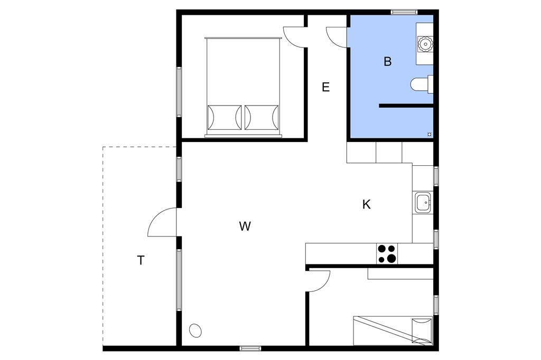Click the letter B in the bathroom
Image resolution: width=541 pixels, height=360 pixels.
point(387,62)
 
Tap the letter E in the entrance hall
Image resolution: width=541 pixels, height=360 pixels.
point(325,87)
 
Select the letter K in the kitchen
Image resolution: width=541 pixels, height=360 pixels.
point(367,204)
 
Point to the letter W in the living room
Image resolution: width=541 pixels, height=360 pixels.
point(245,226)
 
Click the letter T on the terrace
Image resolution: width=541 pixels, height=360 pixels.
point(141,260)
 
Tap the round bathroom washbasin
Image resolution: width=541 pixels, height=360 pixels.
point(425,44)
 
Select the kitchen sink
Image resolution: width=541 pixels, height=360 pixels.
point(423,203)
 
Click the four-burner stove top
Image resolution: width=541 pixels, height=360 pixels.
point(386,253)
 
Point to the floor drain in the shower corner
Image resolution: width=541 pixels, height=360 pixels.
point(429,134)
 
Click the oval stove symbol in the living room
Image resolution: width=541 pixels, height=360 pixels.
point(195,330)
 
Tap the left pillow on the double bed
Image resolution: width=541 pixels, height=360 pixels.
point(224,117)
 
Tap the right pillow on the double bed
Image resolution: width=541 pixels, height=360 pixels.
point(262,117)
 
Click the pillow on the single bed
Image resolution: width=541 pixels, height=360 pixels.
point(422,330)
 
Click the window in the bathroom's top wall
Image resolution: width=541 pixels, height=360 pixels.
point(404,13)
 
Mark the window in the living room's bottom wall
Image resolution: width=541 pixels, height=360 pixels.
point(250,348)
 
